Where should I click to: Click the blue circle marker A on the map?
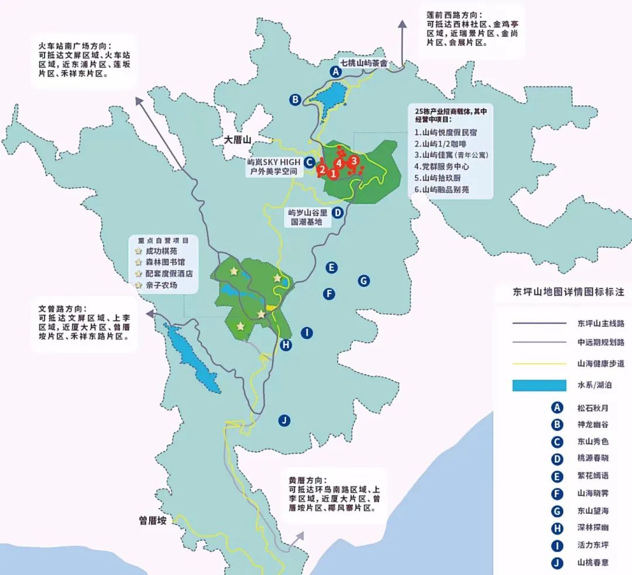point(335,72)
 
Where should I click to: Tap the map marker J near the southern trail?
point(284,420)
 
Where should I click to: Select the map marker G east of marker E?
point(363,281)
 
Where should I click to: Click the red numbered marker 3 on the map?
point(354,160)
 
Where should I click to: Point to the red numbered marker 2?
point(322,169)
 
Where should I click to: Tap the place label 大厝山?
point(238,140)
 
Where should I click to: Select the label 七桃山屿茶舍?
point(364,62)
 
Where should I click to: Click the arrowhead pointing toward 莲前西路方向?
point(402,23)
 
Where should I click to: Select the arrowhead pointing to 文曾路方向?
point(150,314)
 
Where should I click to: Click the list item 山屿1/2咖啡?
point(440,144)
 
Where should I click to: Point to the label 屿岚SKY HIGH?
point(273,162)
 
